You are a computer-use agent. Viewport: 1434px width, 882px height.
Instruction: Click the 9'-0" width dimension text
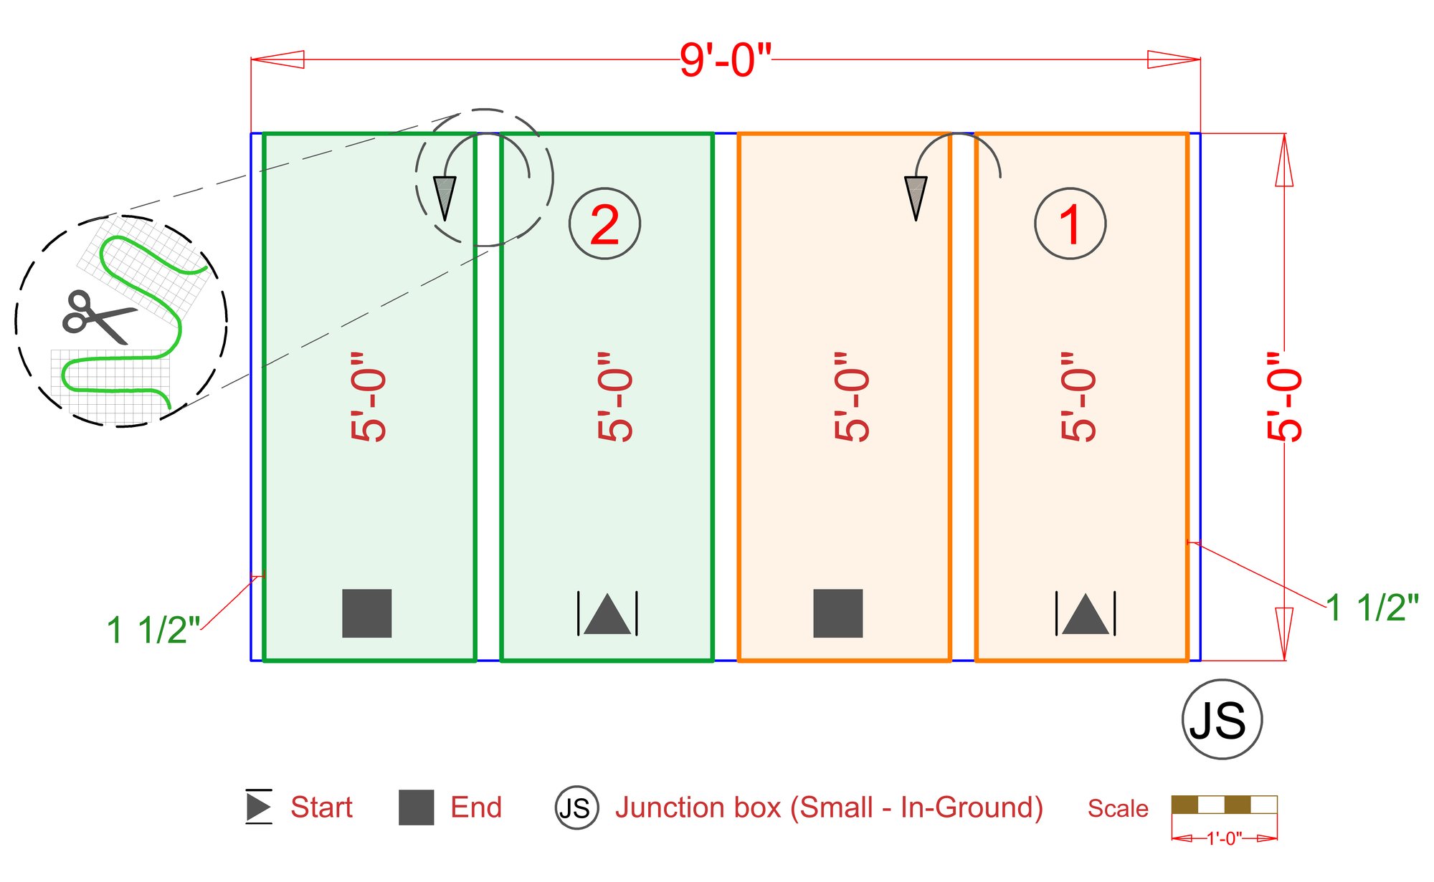coord(726,59)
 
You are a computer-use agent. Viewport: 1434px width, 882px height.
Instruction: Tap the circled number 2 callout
coord(604,224)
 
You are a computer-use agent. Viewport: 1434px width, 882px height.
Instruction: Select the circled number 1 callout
coord(1070,224)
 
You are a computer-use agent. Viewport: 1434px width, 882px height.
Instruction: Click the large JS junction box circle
coord(1222,719)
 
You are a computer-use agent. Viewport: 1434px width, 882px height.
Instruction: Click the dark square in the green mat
coord(367,613)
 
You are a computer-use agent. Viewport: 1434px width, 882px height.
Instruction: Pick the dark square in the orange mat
coord(838,613)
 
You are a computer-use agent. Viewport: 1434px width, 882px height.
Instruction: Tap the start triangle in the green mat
coord(607,614)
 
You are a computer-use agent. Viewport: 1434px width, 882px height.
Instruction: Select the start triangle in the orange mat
coord(1086,614)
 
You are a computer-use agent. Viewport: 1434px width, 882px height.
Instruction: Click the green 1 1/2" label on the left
coord(153,630)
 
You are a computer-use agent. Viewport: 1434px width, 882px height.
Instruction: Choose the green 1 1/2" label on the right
coord(1372,608)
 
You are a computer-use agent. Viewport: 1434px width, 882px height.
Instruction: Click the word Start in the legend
coord(321,807)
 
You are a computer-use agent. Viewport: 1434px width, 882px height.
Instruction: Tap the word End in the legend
coord(476,807)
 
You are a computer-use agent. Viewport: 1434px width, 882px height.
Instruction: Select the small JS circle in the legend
coord(576,807)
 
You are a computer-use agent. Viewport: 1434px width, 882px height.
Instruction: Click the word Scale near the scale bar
coord(1118,808)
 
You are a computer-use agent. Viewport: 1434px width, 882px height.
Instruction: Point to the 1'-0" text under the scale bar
coord(1225,838)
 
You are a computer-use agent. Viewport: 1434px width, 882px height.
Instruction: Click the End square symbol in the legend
coord(417,807)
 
